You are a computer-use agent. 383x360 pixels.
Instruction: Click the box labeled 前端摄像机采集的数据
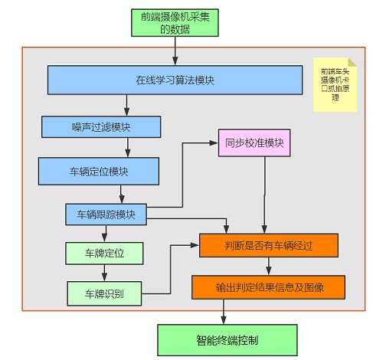(175, 23)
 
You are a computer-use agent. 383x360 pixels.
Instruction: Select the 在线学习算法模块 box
(175, 80)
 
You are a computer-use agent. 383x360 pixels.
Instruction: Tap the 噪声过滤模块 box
(101, 127)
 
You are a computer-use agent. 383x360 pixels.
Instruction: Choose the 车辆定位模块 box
(99, 171)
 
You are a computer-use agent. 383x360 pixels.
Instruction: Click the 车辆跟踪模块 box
(106, 214)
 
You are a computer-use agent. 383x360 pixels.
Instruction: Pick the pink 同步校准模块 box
(254, 142)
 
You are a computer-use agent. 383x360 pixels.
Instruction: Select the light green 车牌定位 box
(104, 254)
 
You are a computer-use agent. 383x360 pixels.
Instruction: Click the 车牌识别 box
(104, 293)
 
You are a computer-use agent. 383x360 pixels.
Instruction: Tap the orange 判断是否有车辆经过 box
(269, 245)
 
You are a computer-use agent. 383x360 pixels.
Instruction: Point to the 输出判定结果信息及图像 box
(269, 287)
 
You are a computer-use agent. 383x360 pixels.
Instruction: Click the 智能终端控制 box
(228, 340)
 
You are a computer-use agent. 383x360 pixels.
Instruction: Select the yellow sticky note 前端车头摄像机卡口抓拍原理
(335, 85)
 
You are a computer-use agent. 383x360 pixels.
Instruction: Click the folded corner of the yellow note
(352, 62)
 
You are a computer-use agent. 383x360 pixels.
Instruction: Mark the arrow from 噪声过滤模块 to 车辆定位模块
(128, 148)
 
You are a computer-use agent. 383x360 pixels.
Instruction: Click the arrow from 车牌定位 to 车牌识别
(104, 273)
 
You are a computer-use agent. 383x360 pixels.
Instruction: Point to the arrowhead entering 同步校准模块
(214, 143)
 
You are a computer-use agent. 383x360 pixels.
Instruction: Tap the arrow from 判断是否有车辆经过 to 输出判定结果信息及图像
(269, 266)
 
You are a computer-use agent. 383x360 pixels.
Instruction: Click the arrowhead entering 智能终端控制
(224, 320)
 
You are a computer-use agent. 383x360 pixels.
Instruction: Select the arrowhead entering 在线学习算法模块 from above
(175, 61)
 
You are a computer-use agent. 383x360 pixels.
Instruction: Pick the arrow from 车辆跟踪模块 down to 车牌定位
(104, 234)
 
